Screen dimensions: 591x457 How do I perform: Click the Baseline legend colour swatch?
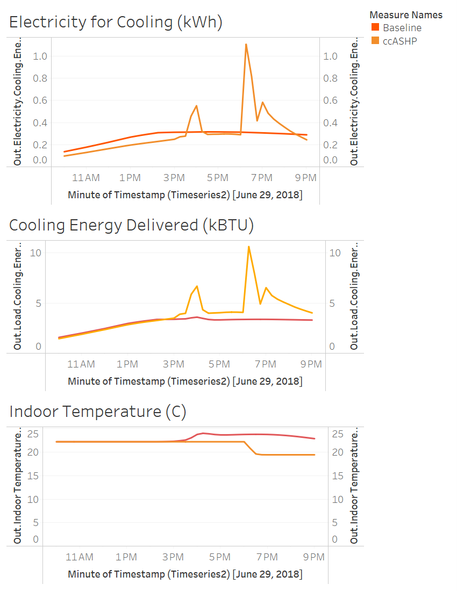pos(375,28)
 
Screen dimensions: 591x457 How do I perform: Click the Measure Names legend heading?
pos(406,15)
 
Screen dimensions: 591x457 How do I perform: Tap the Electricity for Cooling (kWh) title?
pos(116,22)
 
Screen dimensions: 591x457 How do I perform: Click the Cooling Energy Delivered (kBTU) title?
pos(131,225)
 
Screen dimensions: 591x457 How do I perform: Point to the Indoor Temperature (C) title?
pos(98,412)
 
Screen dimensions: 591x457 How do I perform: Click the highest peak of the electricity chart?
pos(246,44)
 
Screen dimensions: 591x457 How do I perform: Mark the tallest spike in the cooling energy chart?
pos(248,247)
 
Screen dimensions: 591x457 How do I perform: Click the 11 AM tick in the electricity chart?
pos(86,178)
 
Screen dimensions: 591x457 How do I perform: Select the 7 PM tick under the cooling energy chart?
pos(266,364)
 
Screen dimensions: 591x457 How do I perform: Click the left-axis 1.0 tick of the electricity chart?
pos(40,56)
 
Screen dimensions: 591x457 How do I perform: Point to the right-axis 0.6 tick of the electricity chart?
pos(331,100)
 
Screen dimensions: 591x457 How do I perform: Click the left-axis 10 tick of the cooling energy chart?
pos(35,253)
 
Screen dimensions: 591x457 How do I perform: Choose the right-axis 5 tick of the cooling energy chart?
pos(332,303)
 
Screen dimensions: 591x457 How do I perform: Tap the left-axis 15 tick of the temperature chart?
pos(34,476)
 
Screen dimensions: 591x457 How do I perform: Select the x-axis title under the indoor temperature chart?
pos(185,574)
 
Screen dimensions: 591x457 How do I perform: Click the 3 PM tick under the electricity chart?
pos(174,178)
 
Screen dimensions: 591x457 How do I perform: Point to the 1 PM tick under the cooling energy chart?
pos(127,364)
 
